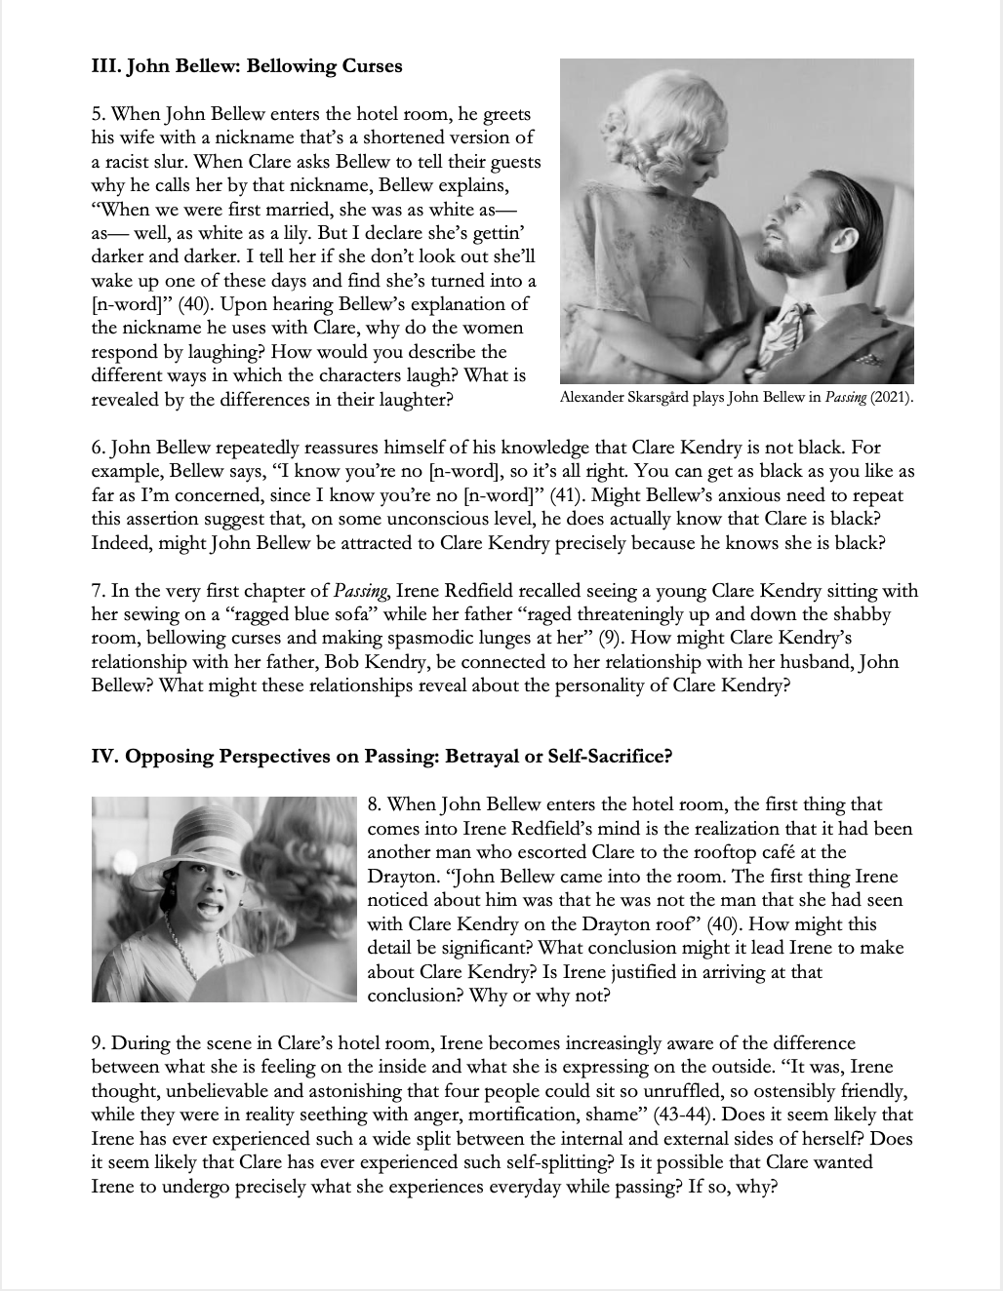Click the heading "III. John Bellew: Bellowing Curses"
pyautogui.click(x=246, y=67)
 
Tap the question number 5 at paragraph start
pyautogui.click(x=97, y=115)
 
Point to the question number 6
pyautogui.click(x=97, y=449)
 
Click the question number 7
pyautogui.click(x=97, y=591)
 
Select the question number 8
pyautogui.click(x=374, y=805)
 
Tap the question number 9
pyautogui.click(x=97, y=1043)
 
